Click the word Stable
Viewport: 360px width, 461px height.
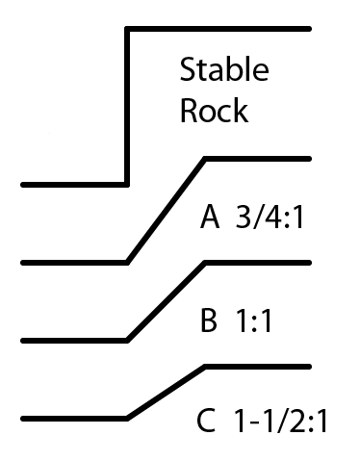coord(223,71)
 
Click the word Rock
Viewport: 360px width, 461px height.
coord(214,110)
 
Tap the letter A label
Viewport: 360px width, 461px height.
coord(210,219)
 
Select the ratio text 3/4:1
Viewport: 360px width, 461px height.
coord(270,219)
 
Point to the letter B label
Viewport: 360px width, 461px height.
coord(209,321)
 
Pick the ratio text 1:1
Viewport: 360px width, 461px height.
coord(254,321)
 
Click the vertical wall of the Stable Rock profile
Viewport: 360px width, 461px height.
coord(127,106)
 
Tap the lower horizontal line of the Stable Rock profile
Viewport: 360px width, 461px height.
coord(73,183)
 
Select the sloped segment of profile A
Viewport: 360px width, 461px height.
coord(166,209)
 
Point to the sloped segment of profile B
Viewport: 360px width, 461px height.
coord(166,300)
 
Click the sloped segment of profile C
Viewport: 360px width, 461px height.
coord(166,393)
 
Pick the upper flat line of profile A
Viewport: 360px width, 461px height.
coord(258,156)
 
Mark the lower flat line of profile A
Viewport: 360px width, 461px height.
coord(73,262)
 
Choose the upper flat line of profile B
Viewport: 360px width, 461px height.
coord(258,261)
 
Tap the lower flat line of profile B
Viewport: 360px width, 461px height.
coord(73,340)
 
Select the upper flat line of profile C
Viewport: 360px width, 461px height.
coord(258,367)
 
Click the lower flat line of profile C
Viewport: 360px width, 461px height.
coord(73,419)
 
